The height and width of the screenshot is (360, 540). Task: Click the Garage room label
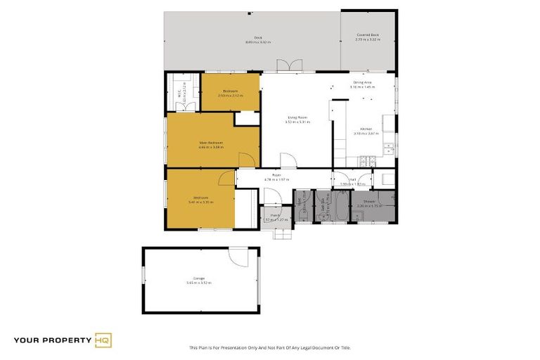[x=199, y=278]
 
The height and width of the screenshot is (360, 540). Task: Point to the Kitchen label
[x=366, y=129]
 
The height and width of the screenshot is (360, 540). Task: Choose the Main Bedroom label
[x=210, y=143]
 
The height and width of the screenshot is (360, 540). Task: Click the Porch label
[x=276, y=215]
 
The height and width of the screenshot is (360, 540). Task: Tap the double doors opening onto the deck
[x=287, y=66]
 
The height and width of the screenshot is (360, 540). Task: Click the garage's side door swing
[x=240, y=257]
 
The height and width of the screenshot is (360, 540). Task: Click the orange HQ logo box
[x=103, y=341]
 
